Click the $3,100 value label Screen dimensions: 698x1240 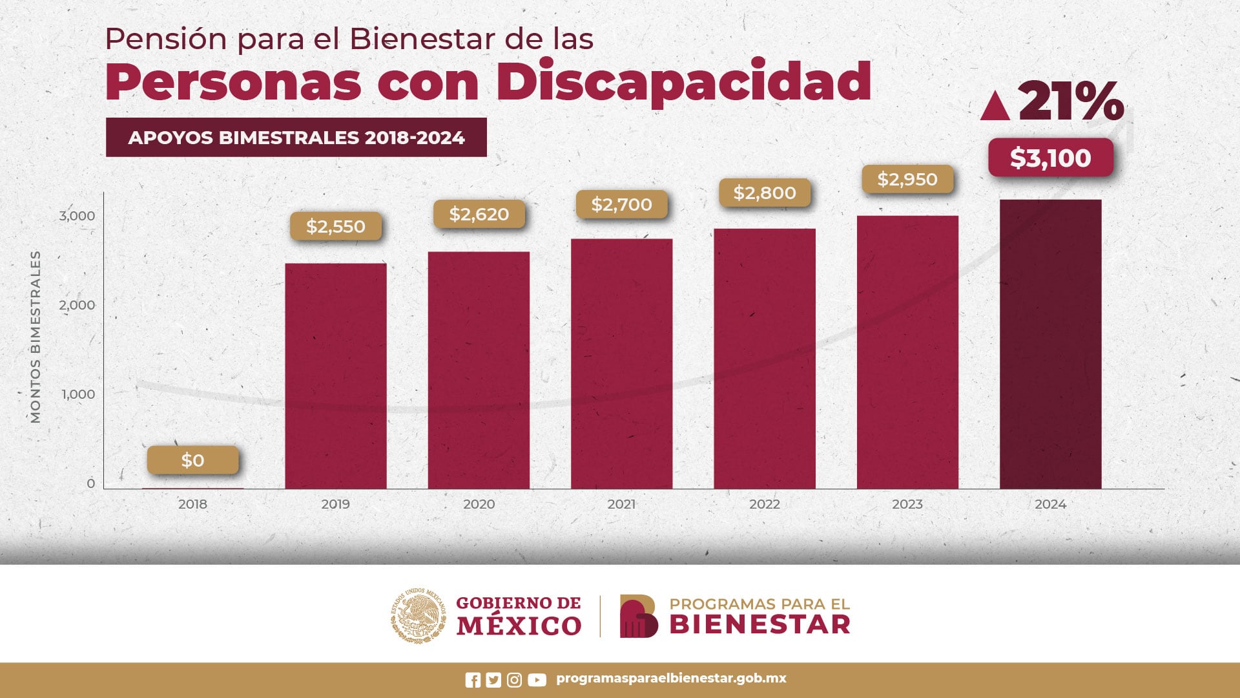[1050, 158]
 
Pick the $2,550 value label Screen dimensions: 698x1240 [335, 226]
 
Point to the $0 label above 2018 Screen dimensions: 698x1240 [192, 460]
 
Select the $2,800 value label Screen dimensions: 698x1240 [765, 193]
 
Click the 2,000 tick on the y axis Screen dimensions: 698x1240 [77, 304]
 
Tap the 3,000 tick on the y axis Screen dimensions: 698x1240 [77, 215]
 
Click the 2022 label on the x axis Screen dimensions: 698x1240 [765, 504]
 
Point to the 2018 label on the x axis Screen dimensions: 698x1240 [192, 504]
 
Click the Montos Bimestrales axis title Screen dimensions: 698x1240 [36, 337]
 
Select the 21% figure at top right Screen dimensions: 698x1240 [1071, 101]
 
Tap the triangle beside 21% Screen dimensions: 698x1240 [995, 107]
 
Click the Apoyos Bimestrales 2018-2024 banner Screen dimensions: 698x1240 [296, 137]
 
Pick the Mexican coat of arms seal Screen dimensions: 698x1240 [418, 615]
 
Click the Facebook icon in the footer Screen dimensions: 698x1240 [473, 680]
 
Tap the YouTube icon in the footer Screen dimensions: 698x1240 [537, 680]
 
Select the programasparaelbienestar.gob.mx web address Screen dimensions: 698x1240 [671, 679]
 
